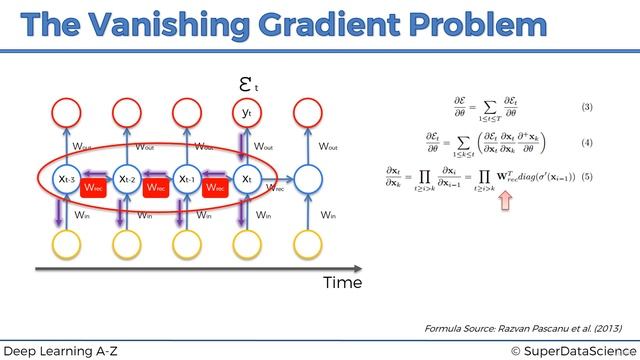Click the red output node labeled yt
(247, 114)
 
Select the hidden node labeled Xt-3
(67, 180)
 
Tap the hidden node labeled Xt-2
(127, 180)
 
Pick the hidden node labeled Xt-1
(187, 180)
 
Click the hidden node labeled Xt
(247, 180)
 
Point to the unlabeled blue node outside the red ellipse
(307, 181)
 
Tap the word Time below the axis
(341, 283)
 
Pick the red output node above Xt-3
(67, 114)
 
